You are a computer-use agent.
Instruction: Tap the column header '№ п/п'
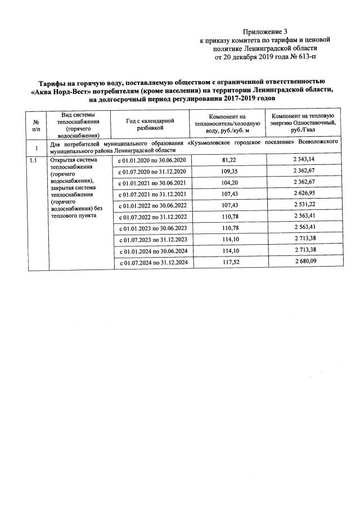tap(36, 125)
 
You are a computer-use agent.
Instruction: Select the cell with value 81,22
tap(229, 160)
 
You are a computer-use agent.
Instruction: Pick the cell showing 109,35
tap(229, 171)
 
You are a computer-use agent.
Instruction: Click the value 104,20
tap(229, 182)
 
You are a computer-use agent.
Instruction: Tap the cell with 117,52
tap(229, 262)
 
